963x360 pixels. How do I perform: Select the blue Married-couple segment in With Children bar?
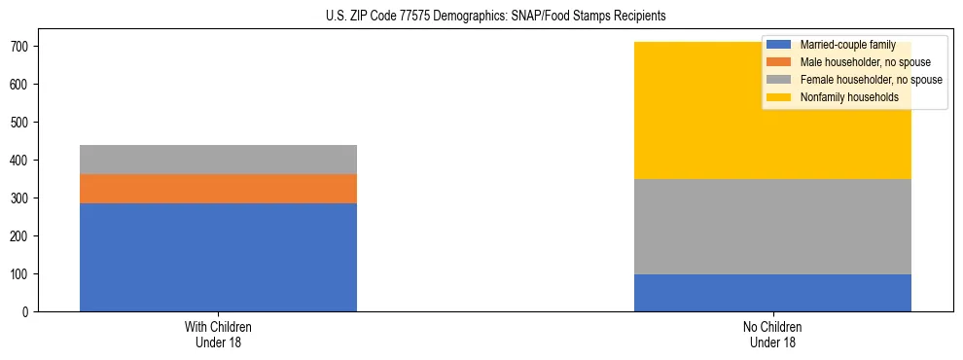coord(218,257)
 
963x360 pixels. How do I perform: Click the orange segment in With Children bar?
coord(218,189)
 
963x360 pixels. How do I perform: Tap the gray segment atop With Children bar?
coord(218,160)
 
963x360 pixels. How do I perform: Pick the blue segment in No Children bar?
coord(772,293)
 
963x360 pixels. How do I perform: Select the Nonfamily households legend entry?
coord(842,97)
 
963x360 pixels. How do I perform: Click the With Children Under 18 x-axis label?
coord(218,335)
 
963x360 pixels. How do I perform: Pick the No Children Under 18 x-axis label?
coord(772,335)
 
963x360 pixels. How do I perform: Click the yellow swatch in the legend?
coord(779,97)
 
